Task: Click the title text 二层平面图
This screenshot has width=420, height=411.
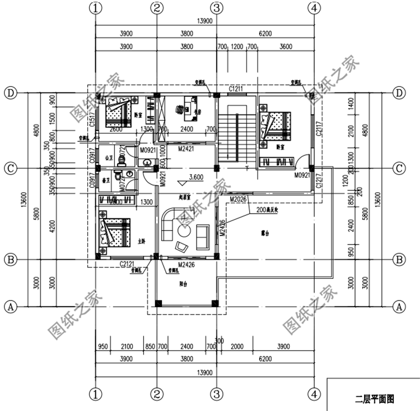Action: (x=375, y=399)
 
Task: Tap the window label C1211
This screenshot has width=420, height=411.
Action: (x=235, y=89)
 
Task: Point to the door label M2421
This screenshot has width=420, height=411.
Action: (x=186, y=150)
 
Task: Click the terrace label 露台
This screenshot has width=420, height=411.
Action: (x=259, y=231)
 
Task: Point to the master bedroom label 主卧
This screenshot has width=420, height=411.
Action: (x=141, y=242)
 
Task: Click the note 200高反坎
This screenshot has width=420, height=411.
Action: (x=268, y=210)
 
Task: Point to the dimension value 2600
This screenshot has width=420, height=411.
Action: (x=116, y=130)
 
